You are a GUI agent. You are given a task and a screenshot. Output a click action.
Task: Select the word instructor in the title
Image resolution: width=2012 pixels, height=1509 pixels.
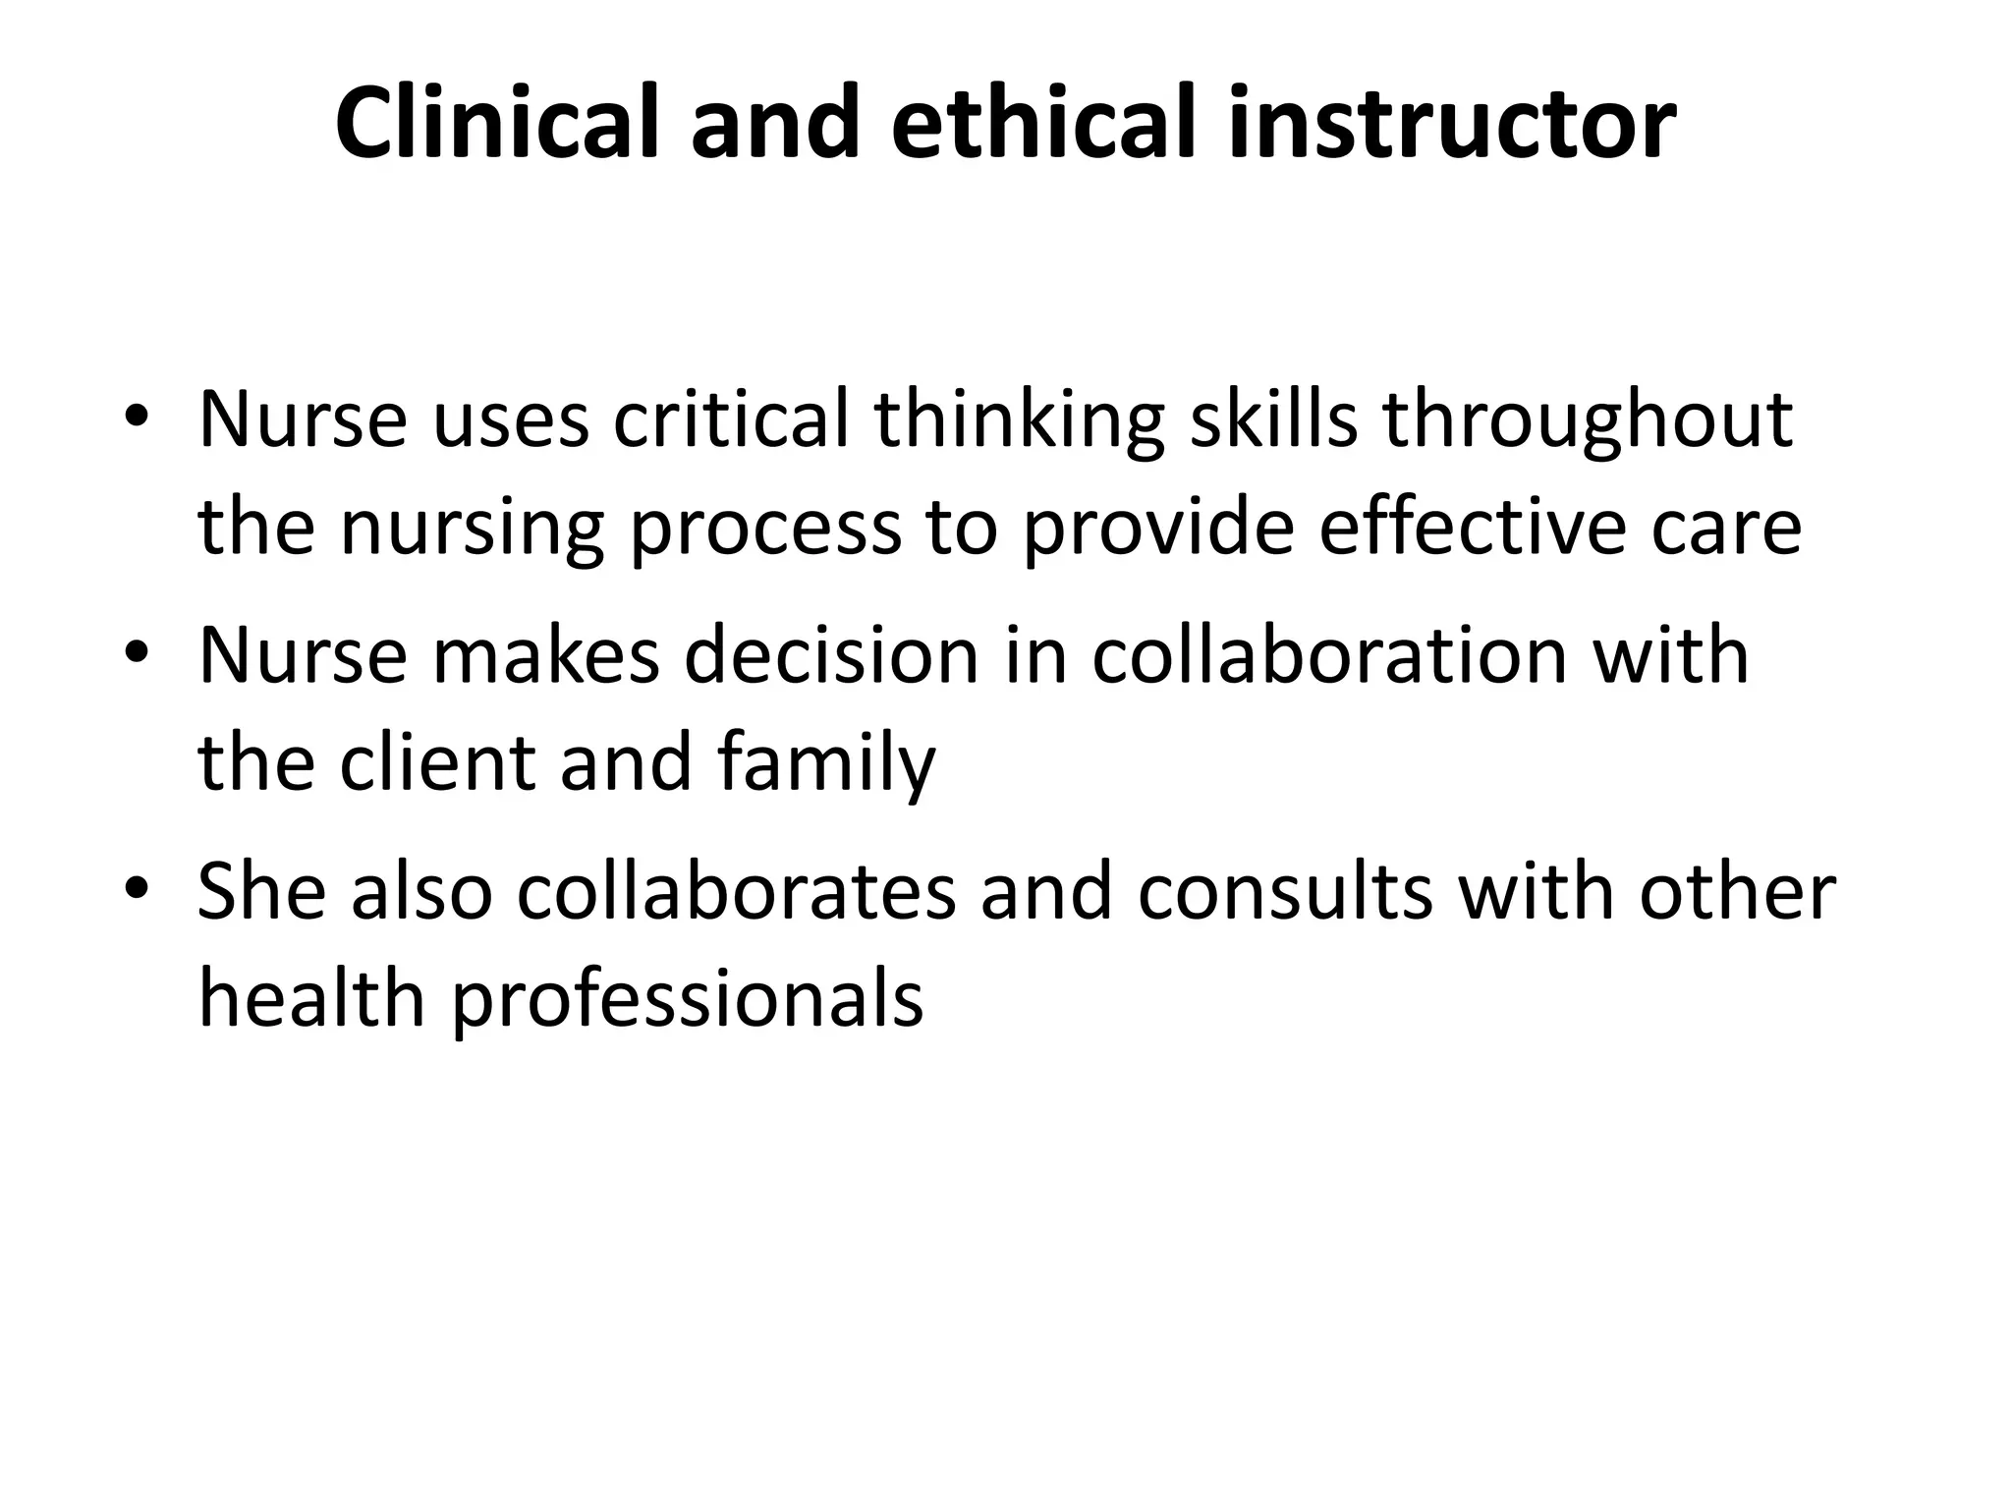1452,125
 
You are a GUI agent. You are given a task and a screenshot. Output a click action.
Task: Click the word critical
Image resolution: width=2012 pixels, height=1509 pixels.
730,419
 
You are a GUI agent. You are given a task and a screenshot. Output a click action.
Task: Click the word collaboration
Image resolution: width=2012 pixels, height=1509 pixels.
1328,655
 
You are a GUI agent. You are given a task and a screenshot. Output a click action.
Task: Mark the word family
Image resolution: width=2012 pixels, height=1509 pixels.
826,764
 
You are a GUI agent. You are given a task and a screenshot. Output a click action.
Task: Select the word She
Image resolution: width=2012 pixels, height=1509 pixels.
261,891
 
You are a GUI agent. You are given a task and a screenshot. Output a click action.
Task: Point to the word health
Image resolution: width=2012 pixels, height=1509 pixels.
311,997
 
